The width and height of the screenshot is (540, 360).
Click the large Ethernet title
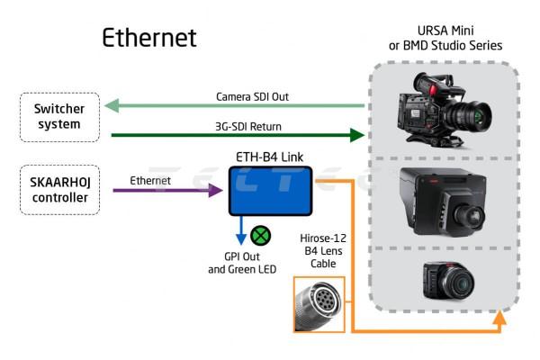148,38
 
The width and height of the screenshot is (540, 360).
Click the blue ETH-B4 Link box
269,190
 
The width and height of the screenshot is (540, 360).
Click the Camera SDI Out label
252,95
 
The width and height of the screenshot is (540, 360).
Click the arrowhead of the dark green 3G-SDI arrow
358,136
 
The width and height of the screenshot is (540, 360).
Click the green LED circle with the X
263,237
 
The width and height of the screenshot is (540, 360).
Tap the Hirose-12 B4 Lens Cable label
320,251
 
